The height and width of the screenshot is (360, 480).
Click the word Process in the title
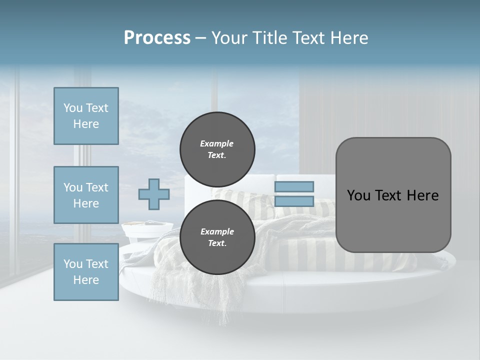[157, 38]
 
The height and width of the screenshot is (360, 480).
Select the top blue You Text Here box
[86, 116]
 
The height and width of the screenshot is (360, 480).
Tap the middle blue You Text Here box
[86, 195]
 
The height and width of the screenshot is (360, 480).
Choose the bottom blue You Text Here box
[86, 271]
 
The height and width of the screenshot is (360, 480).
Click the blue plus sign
[153, 194]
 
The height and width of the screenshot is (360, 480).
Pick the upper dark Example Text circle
[217, 149]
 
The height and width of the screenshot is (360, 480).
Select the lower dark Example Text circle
[217, 237]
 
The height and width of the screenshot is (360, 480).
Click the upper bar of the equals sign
[294, 186]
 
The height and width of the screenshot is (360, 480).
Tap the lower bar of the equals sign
[294, 201]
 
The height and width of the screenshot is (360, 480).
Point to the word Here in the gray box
[422, 195]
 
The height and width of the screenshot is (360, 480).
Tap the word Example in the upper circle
[216, 143]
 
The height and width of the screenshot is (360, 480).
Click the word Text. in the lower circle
[217, 243]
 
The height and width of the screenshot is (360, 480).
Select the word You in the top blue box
[73, 108]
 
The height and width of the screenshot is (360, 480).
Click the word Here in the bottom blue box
[86, 280]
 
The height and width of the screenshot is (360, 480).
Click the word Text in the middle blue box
[97, 187]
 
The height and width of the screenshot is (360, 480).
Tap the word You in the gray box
[358, 195]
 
